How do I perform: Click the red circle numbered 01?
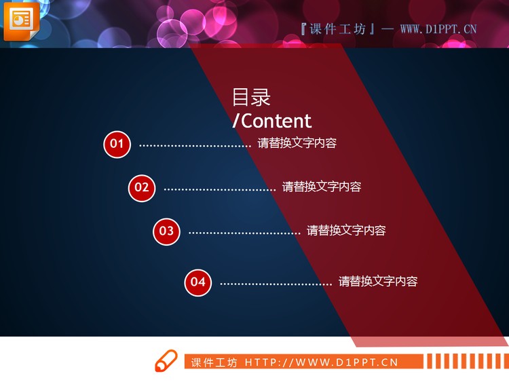coord(117,144)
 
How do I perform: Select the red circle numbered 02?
coord(142,187)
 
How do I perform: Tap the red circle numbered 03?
coord(166,231)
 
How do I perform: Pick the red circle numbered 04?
coord(197,282)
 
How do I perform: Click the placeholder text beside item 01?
coord(297,144)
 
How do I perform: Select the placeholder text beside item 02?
coord(322,187)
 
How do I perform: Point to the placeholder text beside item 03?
coord(346,231)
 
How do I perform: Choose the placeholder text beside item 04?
coord(378,282)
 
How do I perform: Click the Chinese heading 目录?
coord(251,98)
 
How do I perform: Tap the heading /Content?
coord(271,121)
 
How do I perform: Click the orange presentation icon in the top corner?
coord(21,20)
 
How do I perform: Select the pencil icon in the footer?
coord(166,361)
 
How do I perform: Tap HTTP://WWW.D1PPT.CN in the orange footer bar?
coord(321,362)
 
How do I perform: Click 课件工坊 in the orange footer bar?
coord(214,362)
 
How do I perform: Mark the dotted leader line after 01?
coord(195,145)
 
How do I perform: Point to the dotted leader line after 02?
coord(220,189)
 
